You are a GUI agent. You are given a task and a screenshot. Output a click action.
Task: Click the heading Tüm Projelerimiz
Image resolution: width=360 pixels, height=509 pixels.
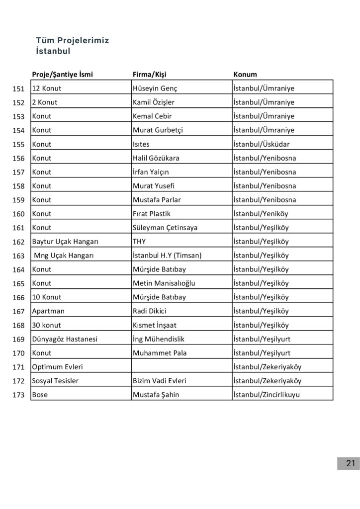[x=73, y=40]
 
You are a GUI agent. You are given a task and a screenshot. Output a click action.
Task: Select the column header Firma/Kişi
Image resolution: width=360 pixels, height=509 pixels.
[x=149, y=75]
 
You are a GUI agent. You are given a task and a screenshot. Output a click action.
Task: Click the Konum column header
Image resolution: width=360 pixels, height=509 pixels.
[x=245, y=75]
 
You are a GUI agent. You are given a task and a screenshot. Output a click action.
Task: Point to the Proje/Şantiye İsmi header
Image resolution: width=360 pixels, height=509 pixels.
[x=62, y=75]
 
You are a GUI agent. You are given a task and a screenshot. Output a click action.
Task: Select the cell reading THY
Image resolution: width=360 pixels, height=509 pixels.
[x=139, y=242]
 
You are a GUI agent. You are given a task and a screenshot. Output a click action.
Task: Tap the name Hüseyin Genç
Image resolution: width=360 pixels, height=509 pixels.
[x=155, y=88]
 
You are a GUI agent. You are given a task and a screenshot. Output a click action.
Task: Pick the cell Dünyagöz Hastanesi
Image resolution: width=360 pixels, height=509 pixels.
[x=65, y=339]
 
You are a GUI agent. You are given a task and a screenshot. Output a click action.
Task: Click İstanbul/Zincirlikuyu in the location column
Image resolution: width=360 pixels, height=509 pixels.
[x=267, y=395]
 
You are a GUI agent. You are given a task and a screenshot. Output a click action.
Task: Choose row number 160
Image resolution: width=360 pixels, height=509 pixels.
[x=18, y=214]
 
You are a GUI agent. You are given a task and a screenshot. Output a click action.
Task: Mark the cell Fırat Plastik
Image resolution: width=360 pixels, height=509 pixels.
[x=152, y=214]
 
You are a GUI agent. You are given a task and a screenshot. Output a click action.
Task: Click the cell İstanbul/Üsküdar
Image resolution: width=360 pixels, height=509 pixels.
[x=262, y=144]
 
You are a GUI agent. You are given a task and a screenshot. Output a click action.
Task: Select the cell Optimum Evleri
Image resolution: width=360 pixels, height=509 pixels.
[x=57, y=367]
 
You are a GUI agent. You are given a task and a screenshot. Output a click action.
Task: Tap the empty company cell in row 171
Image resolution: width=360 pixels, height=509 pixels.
[x=181, y=367]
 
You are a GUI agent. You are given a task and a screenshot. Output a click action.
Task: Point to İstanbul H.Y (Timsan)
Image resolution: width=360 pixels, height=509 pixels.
[x=167, y=255]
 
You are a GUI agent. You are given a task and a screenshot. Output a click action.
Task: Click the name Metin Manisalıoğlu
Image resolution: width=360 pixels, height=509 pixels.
[x=164, y=283]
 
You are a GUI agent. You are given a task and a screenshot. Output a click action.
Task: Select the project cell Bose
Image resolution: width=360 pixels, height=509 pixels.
[x=40, y=395]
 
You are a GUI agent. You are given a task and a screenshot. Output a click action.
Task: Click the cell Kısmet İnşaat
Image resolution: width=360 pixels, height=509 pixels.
[x=155, y=325]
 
